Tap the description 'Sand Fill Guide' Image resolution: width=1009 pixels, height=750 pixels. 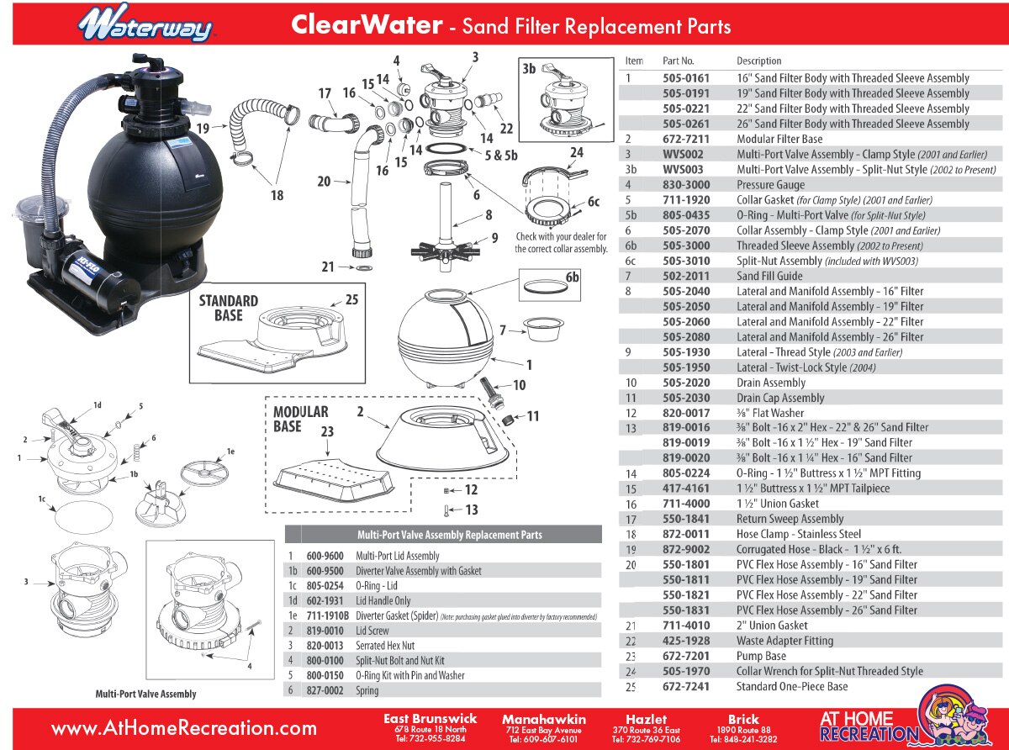coord(769,276)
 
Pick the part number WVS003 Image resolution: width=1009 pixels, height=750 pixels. coord(683,169)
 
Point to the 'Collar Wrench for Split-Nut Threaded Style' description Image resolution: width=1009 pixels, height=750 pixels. coord(829,671)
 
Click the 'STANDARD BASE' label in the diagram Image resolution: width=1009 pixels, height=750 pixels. coord(228,308)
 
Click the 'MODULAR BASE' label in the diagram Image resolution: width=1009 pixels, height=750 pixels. coord(300,419)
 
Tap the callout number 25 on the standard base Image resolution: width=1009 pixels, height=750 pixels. coord(351,298)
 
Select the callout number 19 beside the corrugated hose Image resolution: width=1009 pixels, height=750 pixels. coord(203,128)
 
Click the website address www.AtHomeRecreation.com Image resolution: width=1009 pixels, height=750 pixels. coord(183,728)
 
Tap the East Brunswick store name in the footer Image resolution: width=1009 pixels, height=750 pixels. coord(430,719)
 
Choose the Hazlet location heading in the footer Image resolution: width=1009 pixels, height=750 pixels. coord(646,720)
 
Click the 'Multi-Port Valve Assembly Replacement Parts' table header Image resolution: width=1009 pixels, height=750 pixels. coord(443,535)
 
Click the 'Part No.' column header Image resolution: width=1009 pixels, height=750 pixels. coord(678,61)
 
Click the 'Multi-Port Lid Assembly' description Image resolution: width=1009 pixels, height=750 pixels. coord(397,556)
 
